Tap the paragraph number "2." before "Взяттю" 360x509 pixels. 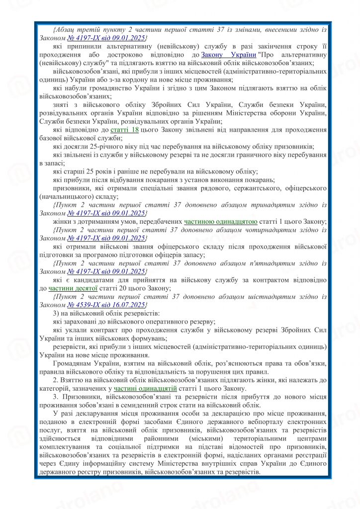(56, 380)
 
